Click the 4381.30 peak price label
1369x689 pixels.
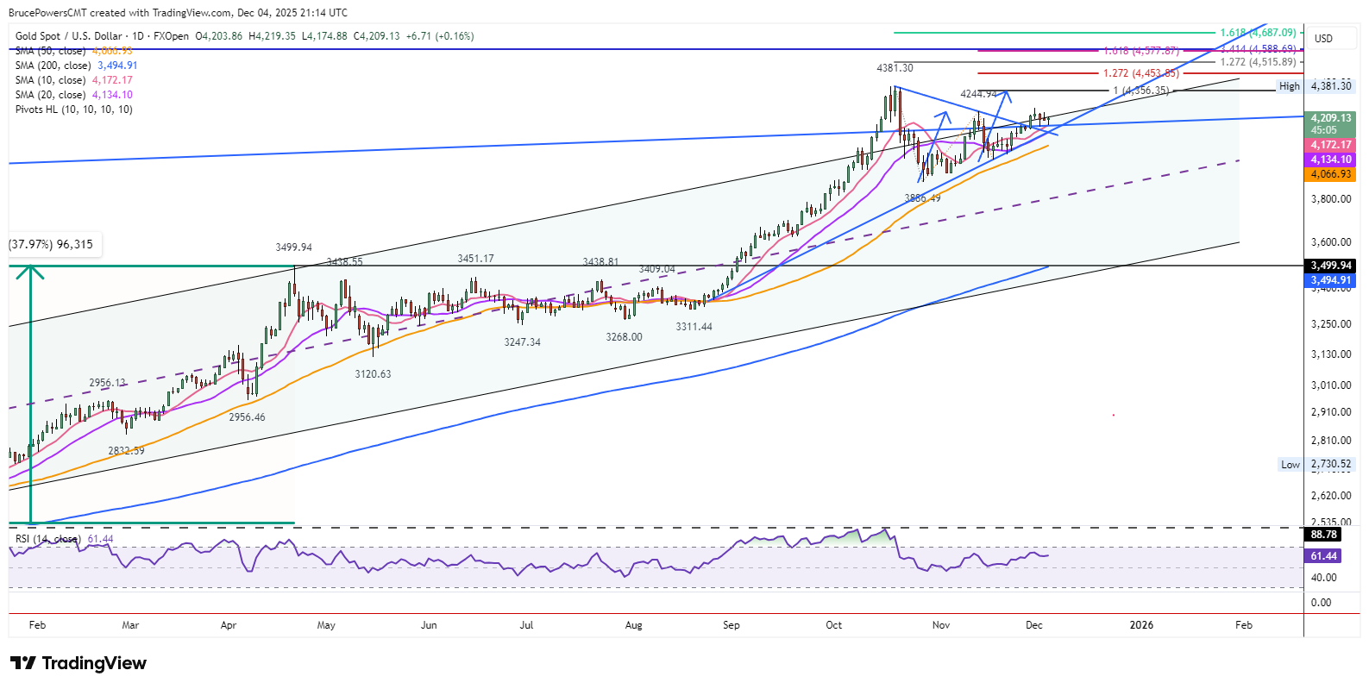coord(895,67)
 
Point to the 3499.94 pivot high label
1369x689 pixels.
coord(293,247)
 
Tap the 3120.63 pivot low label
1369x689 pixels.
coord(373,374)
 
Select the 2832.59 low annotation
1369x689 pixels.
coord(126,451)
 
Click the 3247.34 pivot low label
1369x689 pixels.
coord(522,342)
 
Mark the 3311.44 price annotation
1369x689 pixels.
coord(694,327)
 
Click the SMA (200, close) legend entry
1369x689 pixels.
coord(76,66)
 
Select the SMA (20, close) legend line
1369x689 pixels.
coord(73,95)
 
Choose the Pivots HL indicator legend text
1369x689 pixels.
coord(74,110)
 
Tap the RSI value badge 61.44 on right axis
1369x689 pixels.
coord(1323,556)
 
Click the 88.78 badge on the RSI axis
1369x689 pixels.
coord(1323,535)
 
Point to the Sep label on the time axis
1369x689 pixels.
coord(731,625)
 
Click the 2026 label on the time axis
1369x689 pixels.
coord(1141,625)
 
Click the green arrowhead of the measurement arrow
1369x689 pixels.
coord(31,270)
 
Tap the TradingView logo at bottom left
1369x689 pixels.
coord(78,663)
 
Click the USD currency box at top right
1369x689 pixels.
coord(1323,38)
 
